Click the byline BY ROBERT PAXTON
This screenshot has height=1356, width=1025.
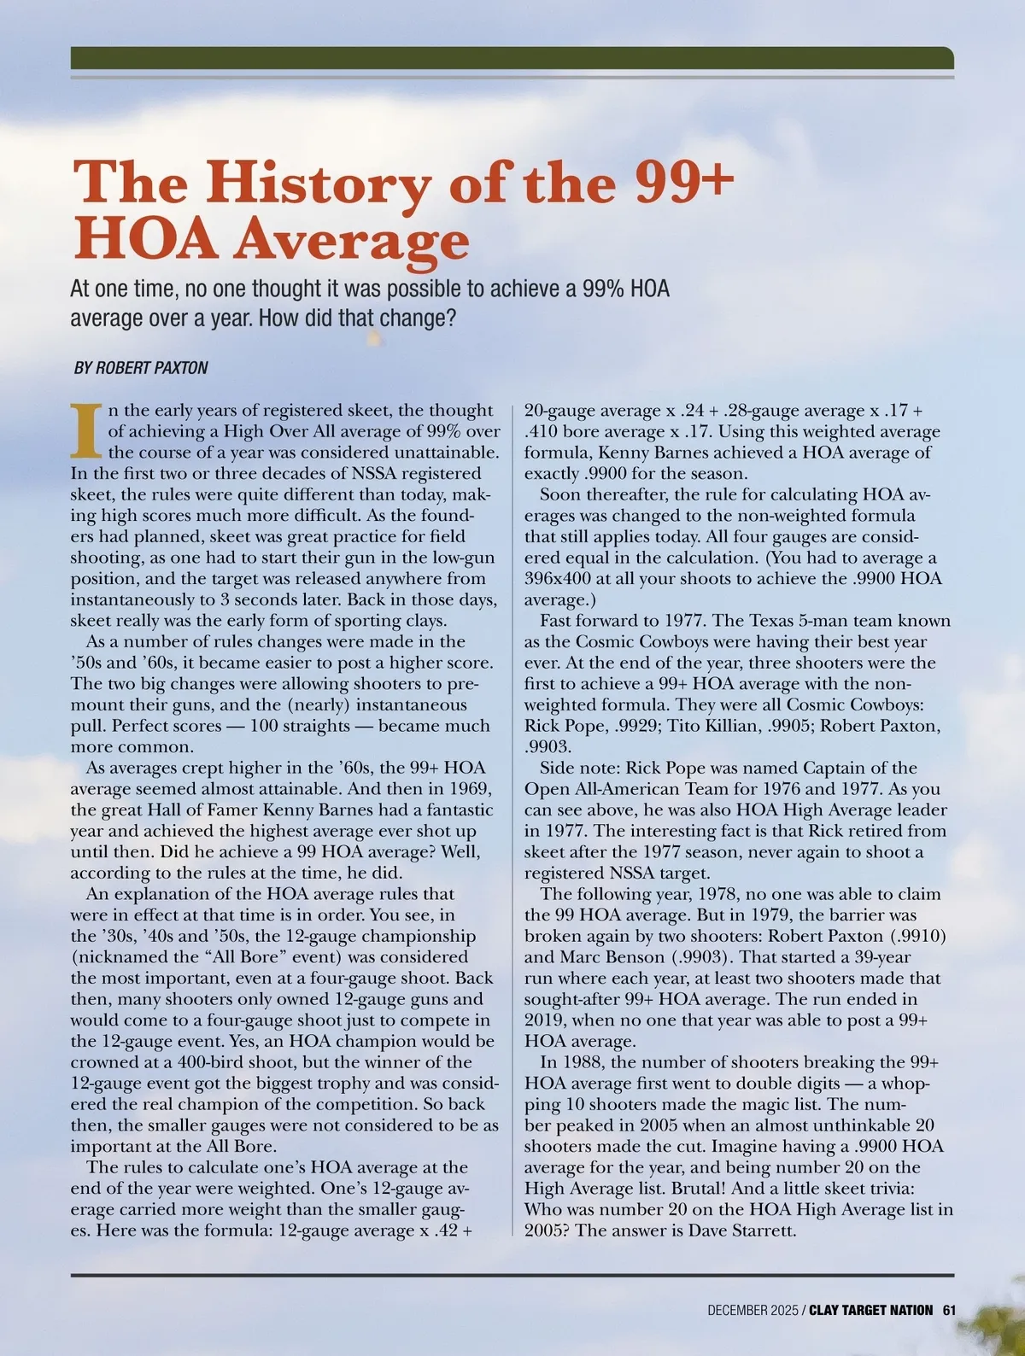(141, 368)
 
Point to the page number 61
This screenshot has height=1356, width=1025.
(950, 1310)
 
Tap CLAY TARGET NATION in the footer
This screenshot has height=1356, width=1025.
(871, 1310)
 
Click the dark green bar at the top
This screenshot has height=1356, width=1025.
(512, 57)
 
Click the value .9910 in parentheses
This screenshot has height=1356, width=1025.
(919, 936)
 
